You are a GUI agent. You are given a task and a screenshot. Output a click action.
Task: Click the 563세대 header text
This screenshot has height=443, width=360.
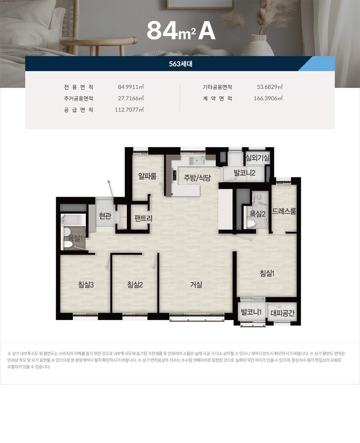pos(181,64)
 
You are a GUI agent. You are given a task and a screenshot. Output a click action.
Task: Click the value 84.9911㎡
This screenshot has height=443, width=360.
pos(131,87)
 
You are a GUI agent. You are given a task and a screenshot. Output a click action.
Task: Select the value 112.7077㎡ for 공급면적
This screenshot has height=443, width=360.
pos(129,110)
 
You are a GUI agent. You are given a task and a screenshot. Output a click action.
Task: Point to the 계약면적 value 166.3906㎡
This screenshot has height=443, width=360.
pos(268,98)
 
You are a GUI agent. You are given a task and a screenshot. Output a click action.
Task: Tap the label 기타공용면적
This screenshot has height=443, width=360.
pos(217,87)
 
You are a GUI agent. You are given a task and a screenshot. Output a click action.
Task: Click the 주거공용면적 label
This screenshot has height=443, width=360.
pos(78,98)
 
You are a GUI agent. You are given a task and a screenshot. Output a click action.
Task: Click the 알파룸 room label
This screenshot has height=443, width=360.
pos(147,176)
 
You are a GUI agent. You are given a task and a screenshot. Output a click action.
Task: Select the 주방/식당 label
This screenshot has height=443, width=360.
pos(197,178)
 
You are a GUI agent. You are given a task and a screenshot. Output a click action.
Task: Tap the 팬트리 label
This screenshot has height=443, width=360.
pos(143,218)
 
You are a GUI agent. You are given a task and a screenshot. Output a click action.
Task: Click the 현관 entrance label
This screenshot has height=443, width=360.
pos(105,216)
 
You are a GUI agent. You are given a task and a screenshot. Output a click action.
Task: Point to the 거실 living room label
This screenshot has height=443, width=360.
pos(196,284)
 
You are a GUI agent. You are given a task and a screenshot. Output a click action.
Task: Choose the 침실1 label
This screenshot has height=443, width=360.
pos(267,273)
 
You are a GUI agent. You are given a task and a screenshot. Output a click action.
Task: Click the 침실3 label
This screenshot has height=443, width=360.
pos(86,284)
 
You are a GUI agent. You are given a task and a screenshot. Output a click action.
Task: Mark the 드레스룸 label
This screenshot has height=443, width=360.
pos(284,211)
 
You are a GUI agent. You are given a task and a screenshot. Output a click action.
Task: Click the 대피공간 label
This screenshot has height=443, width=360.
pos(282,313)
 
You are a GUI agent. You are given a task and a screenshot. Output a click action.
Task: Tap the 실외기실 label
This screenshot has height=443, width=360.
pos(258,158)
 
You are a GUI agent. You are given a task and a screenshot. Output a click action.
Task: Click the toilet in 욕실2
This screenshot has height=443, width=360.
pos(251,224)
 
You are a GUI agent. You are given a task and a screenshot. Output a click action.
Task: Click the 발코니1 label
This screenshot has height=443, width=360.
pos(251,312)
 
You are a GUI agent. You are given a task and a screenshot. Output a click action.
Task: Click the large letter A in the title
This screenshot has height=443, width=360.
pos(207,31)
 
